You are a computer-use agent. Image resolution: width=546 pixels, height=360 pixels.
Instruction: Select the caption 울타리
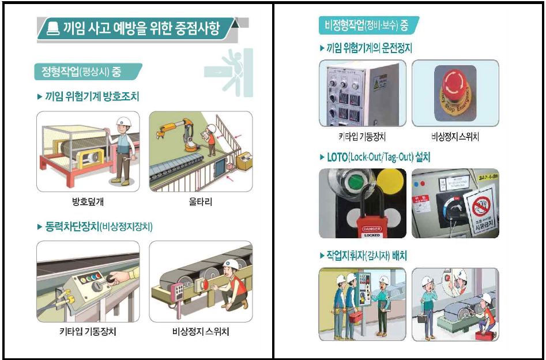200,202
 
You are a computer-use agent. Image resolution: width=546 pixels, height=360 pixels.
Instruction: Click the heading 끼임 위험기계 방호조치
92,96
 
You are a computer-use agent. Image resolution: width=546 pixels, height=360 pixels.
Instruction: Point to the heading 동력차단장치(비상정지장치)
99,226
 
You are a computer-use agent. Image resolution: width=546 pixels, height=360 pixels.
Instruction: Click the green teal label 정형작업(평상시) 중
81,72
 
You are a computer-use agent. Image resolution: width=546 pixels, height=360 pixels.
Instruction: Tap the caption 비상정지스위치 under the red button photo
455,137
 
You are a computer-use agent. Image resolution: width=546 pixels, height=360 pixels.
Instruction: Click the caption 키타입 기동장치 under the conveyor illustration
87,332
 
